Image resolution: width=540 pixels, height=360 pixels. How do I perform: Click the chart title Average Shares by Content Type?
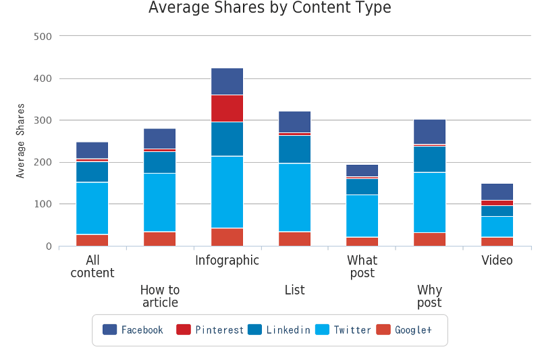coord(269,8)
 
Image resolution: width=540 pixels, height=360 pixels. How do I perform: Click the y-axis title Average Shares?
coord(21,140)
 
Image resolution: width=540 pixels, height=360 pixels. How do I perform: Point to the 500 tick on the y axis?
coord(43,36)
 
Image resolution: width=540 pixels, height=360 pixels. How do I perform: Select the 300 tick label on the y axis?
coord(43,120)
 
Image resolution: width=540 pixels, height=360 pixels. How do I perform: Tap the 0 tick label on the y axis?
coord(49,247)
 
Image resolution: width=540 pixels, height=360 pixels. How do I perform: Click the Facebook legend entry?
coord(133,330)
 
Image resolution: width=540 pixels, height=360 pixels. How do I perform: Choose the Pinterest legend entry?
coord(210,330)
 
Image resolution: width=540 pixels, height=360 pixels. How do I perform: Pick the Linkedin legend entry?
coord(279,330)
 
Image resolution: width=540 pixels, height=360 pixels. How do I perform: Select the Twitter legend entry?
coord(344,330)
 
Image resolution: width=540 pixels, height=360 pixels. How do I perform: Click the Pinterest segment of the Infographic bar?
coord(227,108)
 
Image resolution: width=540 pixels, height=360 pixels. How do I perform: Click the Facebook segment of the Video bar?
coord(497,192)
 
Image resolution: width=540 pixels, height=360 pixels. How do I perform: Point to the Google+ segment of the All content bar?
coord(92,240)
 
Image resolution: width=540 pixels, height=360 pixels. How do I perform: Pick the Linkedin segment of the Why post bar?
coord(429,159)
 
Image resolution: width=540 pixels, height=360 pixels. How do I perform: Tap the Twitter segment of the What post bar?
coord(362,215)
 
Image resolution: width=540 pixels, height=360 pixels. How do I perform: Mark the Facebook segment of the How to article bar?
coord(159,138)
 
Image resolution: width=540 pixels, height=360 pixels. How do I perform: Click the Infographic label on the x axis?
coord(227,261)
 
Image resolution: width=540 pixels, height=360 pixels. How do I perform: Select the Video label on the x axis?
coord(497,261)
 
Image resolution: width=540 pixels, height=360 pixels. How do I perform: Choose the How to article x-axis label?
coord(159,296)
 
